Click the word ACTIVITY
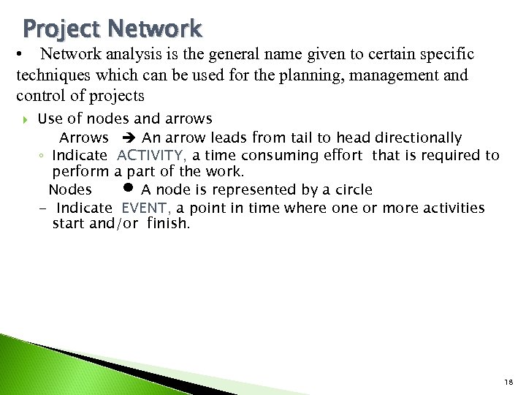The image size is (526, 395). tap(151, 155)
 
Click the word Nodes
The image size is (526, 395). tap(70, 190)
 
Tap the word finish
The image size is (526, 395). tap(167, 224)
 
